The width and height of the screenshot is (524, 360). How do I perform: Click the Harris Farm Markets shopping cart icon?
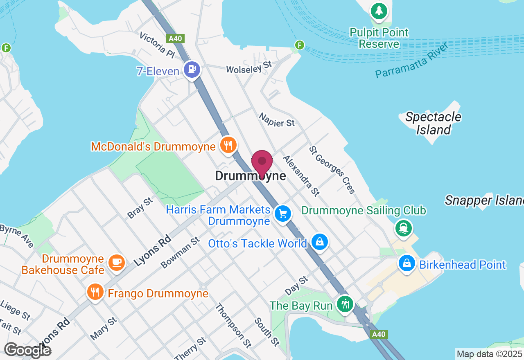(x=282, y=214)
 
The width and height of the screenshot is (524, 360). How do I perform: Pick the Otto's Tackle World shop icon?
(x=319, y=242)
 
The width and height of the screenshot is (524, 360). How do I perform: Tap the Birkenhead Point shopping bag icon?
(x=407, y=263)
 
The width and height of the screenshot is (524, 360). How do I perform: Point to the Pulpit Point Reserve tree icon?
(x=379, y=11)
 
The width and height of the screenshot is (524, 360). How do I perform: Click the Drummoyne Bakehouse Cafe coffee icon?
(x=116, y=262)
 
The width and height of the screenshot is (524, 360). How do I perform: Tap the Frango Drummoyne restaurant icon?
(x=95, y=292)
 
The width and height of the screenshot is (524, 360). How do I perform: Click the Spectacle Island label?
(x=433, y=123)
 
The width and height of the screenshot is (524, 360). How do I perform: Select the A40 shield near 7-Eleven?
(x=176, y=38)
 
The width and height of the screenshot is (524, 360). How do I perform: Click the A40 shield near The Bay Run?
(x=378, y=334)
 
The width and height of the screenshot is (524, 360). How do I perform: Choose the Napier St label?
(x=276, y=119)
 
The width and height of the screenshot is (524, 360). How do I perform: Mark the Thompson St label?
(x=233, y=325)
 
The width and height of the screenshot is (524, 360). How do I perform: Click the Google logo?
(x=28, y=350)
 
